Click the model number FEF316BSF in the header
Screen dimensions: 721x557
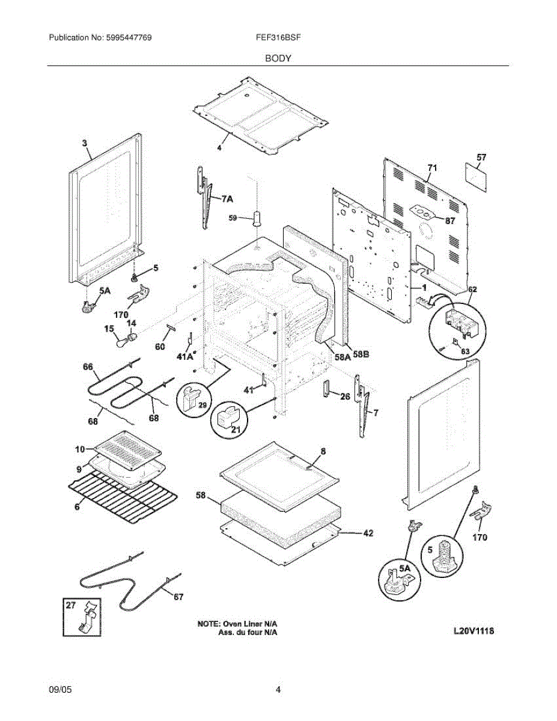278,37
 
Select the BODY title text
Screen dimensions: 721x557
278,58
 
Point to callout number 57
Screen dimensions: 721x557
481,157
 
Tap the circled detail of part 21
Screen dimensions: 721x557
228,418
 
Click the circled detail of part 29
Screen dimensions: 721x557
193,399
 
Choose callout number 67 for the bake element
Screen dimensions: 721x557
178,597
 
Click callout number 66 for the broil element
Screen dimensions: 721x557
88,367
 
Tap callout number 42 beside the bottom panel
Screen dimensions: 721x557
368,532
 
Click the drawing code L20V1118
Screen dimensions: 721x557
477,631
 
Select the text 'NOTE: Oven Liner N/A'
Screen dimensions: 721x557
241,624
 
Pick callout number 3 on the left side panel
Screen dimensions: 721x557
85,143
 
